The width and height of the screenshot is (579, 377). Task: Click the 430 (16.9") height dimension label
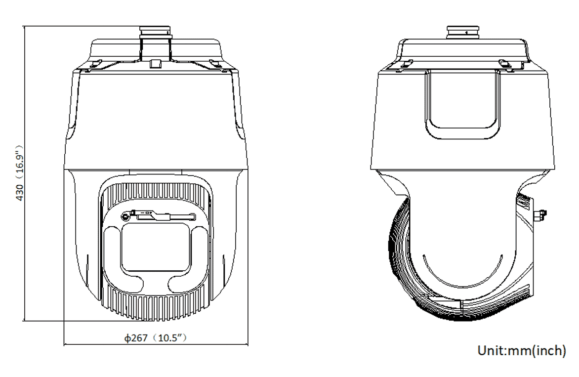(20, 173)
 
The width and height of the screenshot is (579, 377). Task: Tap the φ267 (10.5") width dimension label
(155, 337)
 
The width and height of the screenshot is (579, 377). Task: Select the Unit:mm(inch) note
(521, 350)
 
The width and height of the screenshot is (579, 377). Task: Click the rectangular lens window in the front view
(156, 247)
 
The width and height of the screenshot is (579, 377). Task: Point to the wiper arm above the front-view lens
(158, 215)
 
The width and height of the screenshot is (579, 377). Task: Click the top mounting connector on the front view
(155, 43)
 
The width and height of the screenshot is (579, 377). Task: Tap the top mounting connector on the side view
(463, 32)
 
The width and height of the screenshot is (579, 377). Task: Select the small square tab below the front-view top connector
(156, 64)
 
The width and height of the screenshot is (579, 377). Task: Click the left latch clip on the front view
(95, 64)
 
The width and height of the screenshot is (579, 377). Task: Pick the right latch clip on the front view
(216, 64)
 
